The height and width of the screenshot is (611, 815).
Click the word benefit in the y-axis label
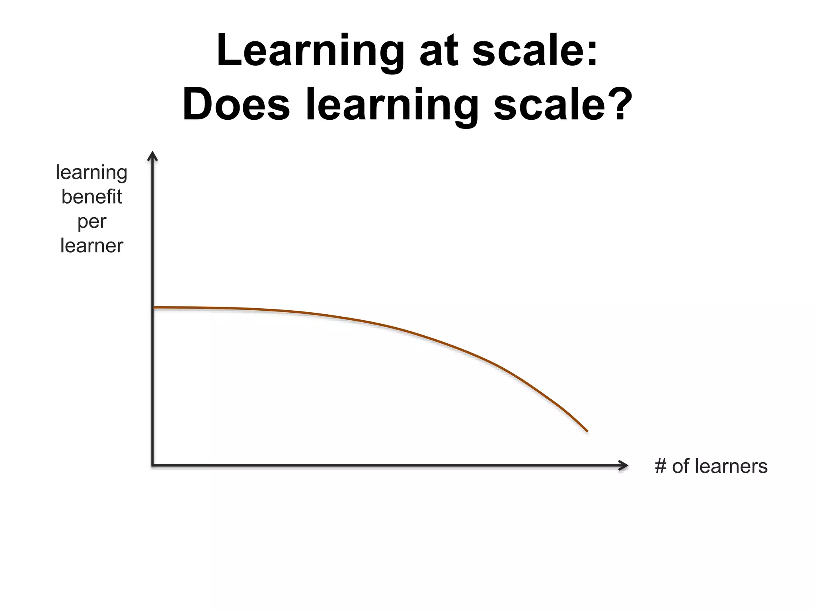pos(92,197)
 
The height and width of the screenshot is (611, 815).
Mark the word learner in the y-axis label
pos(92,246)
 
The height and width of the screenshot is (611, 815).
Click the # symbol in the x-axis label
pos(661,466)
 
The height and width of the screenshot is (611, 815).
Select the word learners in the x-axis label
pos(731,466)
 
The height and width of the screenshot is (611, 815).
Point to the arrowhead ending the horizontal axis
pos(624,465)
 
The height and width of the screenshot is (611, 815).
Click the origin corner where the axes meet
pos(153,465)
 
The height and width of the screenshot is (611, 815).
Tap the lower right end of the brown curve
pos(587,431)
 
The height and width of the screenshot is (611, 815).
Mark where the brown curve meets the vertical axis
pos(154,307)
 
